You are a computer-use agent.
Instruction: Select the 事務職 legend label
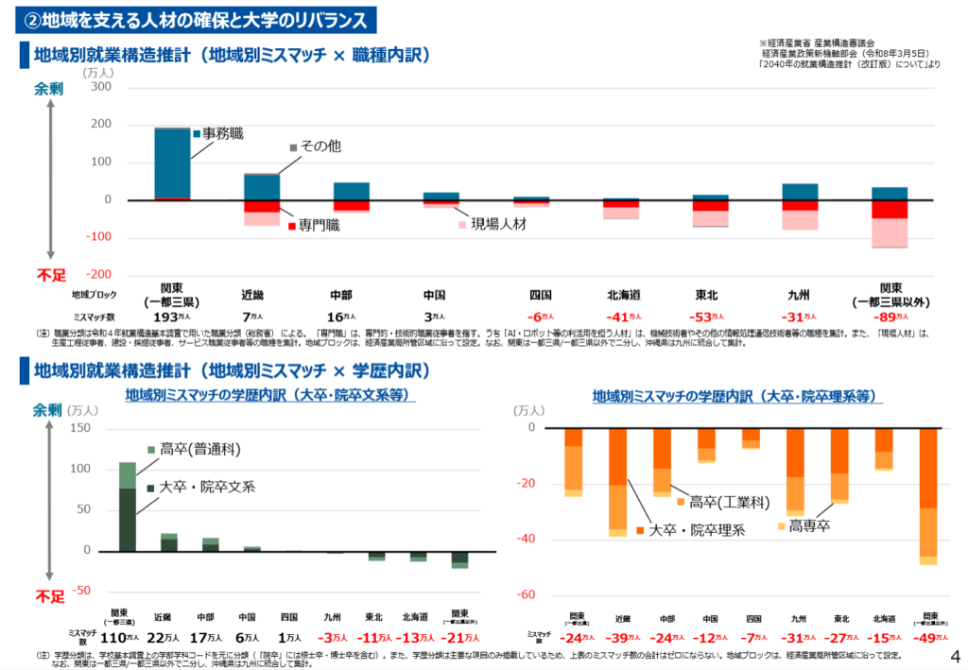[x=223, y=134]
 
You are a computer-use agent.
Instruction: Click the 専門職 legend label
[x=319, y=225]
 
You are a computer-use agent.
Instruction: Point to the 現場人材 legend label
[x=498, y=224]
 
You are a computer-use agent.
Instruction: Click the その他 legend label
[x=321, y=146]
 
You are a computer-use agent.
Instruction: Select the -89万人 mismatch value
[x=891, y=317]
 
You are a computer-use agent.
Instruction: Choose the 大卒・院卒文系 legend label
[x=207, y=487]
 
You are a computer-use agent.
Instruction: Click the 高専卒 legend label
[x=809, y=525]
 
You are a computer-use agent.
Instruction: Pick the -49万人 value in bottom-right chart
[x=929, y=637]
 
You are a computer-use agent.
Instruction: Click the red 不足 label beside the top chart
[x=51, y=275]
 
